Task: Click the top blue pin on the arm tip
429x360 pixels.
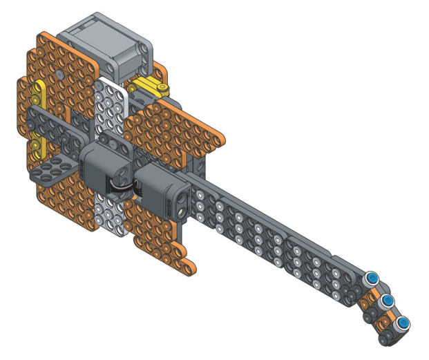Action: click(x=373, y=278)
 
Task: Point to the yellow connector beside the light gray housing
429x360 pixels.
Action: click(x=153, y=88)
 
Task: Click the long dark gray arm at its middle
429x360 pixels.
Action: click(x=276, y=238)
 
